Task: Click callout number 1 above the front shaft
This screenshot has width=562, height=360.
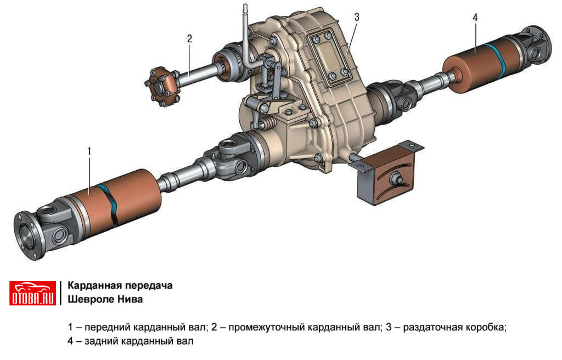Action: [x=89, y=151]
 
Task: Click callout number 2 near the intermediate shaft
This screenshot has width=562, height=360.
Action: [x=189, y=38]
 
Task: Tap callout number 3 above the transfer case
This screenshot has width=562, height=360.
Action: [x=356, y=17]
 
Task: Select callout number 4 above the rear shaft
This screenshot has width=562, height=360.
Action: [x=475, y=18]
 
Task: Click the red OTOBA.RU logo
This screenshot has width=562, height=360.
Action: [x=32, y=293]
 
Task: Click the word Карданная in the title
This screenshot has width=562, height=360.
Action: [x=92, y=286]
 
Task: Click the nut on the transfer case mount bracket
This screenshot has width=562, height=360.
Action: [x=396, y=178]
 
